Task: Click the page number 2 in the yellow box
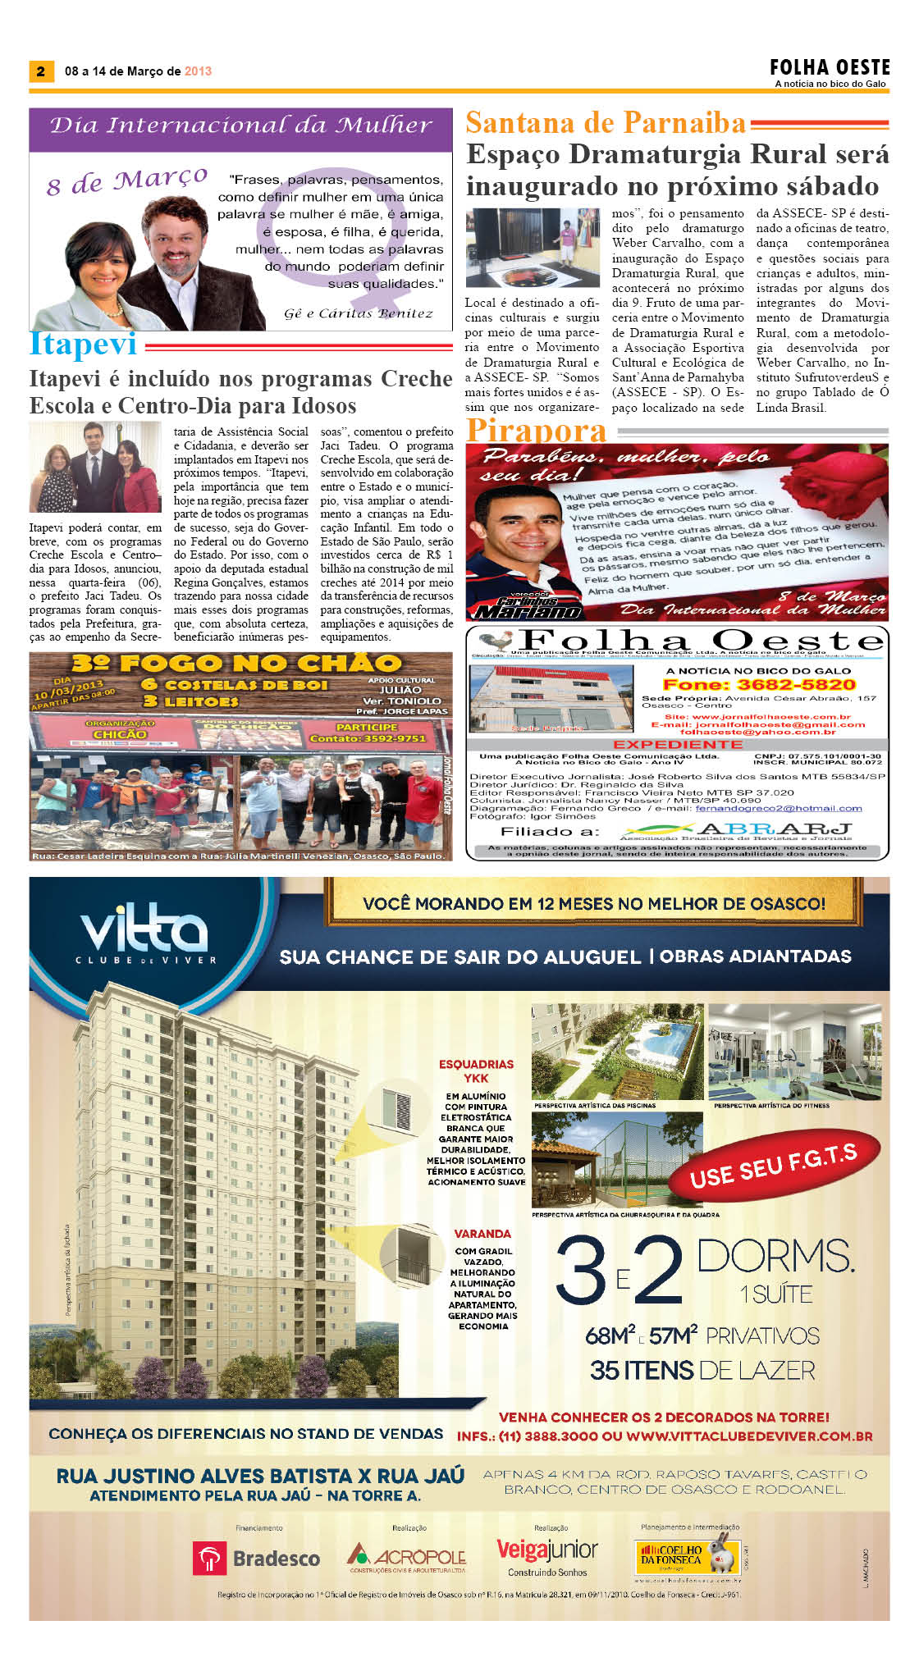coord(40,71)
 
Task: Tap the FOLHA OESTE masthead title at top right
coord(830,67)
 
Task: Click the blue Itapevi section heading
coord(83,345)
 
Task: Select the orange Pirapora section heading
coord(537,430)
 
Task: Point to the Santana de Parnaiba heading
coord(606,123)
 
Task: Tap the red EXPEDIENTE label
coord(678,744)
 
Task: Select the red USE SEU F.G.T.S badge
coord(773,1166)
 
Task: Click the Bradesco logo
coord(256,1558)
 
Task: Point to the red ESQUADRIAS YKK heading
coord(476,1071)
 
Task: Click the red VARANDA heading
coord(482,1234)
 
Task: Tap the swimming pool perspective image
coord(617,1051)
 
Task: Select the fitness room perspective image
coord(794,1051)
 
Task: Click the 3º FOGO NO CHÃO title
coord(236,663)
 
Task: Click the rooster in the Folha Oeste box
coord(499,641)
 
